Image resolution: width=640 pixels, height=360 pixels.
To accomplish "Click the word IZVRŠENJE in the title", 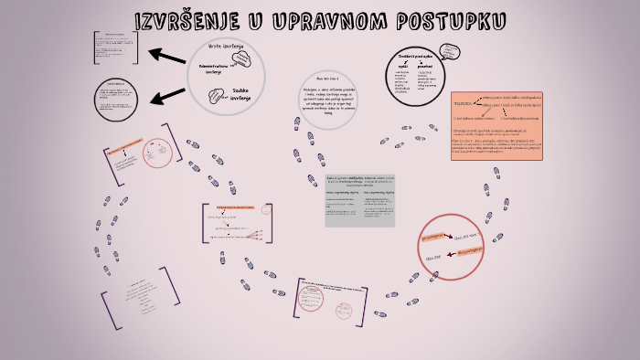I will point(187,20).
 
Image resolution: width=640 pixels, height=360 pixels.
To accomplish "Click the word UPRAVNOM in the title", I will point(325,20).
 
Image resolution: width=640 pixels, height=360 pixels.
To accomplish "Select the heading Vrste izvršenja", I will point(225,45).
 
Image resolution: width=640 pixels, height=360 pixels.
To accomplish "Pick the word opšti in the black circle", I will point(401,67).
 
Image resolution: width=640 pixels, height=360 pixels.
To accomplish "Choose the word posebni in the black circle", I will point(426,67).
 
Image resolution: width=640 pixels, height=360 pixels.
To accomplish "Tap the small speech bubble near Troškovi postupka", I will point(450,51).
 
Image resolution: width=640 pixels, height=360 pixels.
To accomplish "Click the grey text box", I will point(360,199).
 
